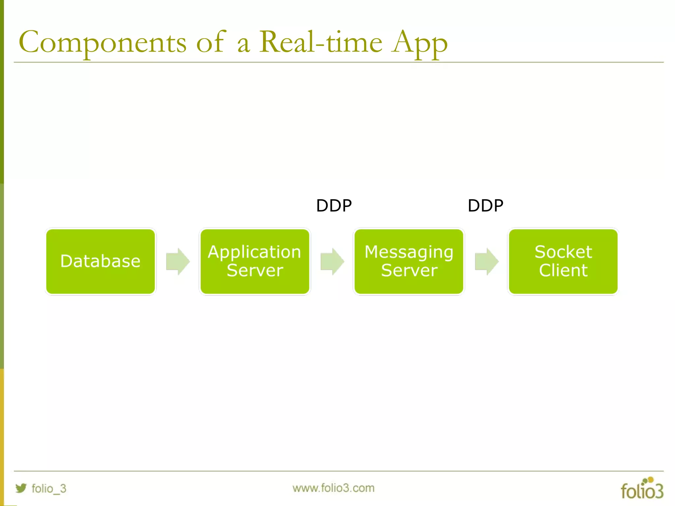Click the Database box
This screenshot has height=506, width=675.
pos(101,261)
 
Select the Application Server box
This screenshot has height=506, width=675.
pos(255,261)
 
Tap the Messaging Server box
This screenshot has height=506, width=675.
pos(409,261)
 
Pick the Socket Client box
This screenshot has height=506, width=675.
pos(563,261)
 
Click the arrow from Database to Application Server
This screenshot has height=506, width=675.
pos(178,261)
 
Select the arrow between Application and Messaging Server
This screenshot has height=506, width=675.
pos(332,261)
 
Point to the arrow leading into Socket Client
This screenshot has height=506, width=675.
pos(486,261)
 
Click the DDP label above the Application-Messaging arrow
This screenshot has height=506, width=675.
pos(334,206)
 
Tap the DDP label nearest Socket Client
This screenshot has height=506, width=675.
pos(485,206)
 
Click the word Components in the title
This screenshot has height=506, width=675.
pos(103,43)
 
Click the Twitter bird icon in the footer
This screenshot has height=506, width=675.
pos(21,488)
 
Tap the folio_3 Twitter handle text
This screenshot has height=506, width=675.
pos(49,488)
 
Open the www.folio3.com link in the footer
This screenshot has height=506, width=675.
pos(333,488)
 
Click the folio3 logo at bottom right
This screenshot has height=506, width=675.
pos(642,489)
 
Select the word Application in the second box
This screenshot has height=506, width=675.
pos(254,252)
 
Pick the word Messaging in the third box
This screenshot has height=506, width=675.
pos(409,252)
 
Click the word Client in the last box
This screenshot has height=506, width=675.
pos(563,270)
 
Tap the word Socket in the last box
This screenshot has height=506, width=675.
pos(563,252)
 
